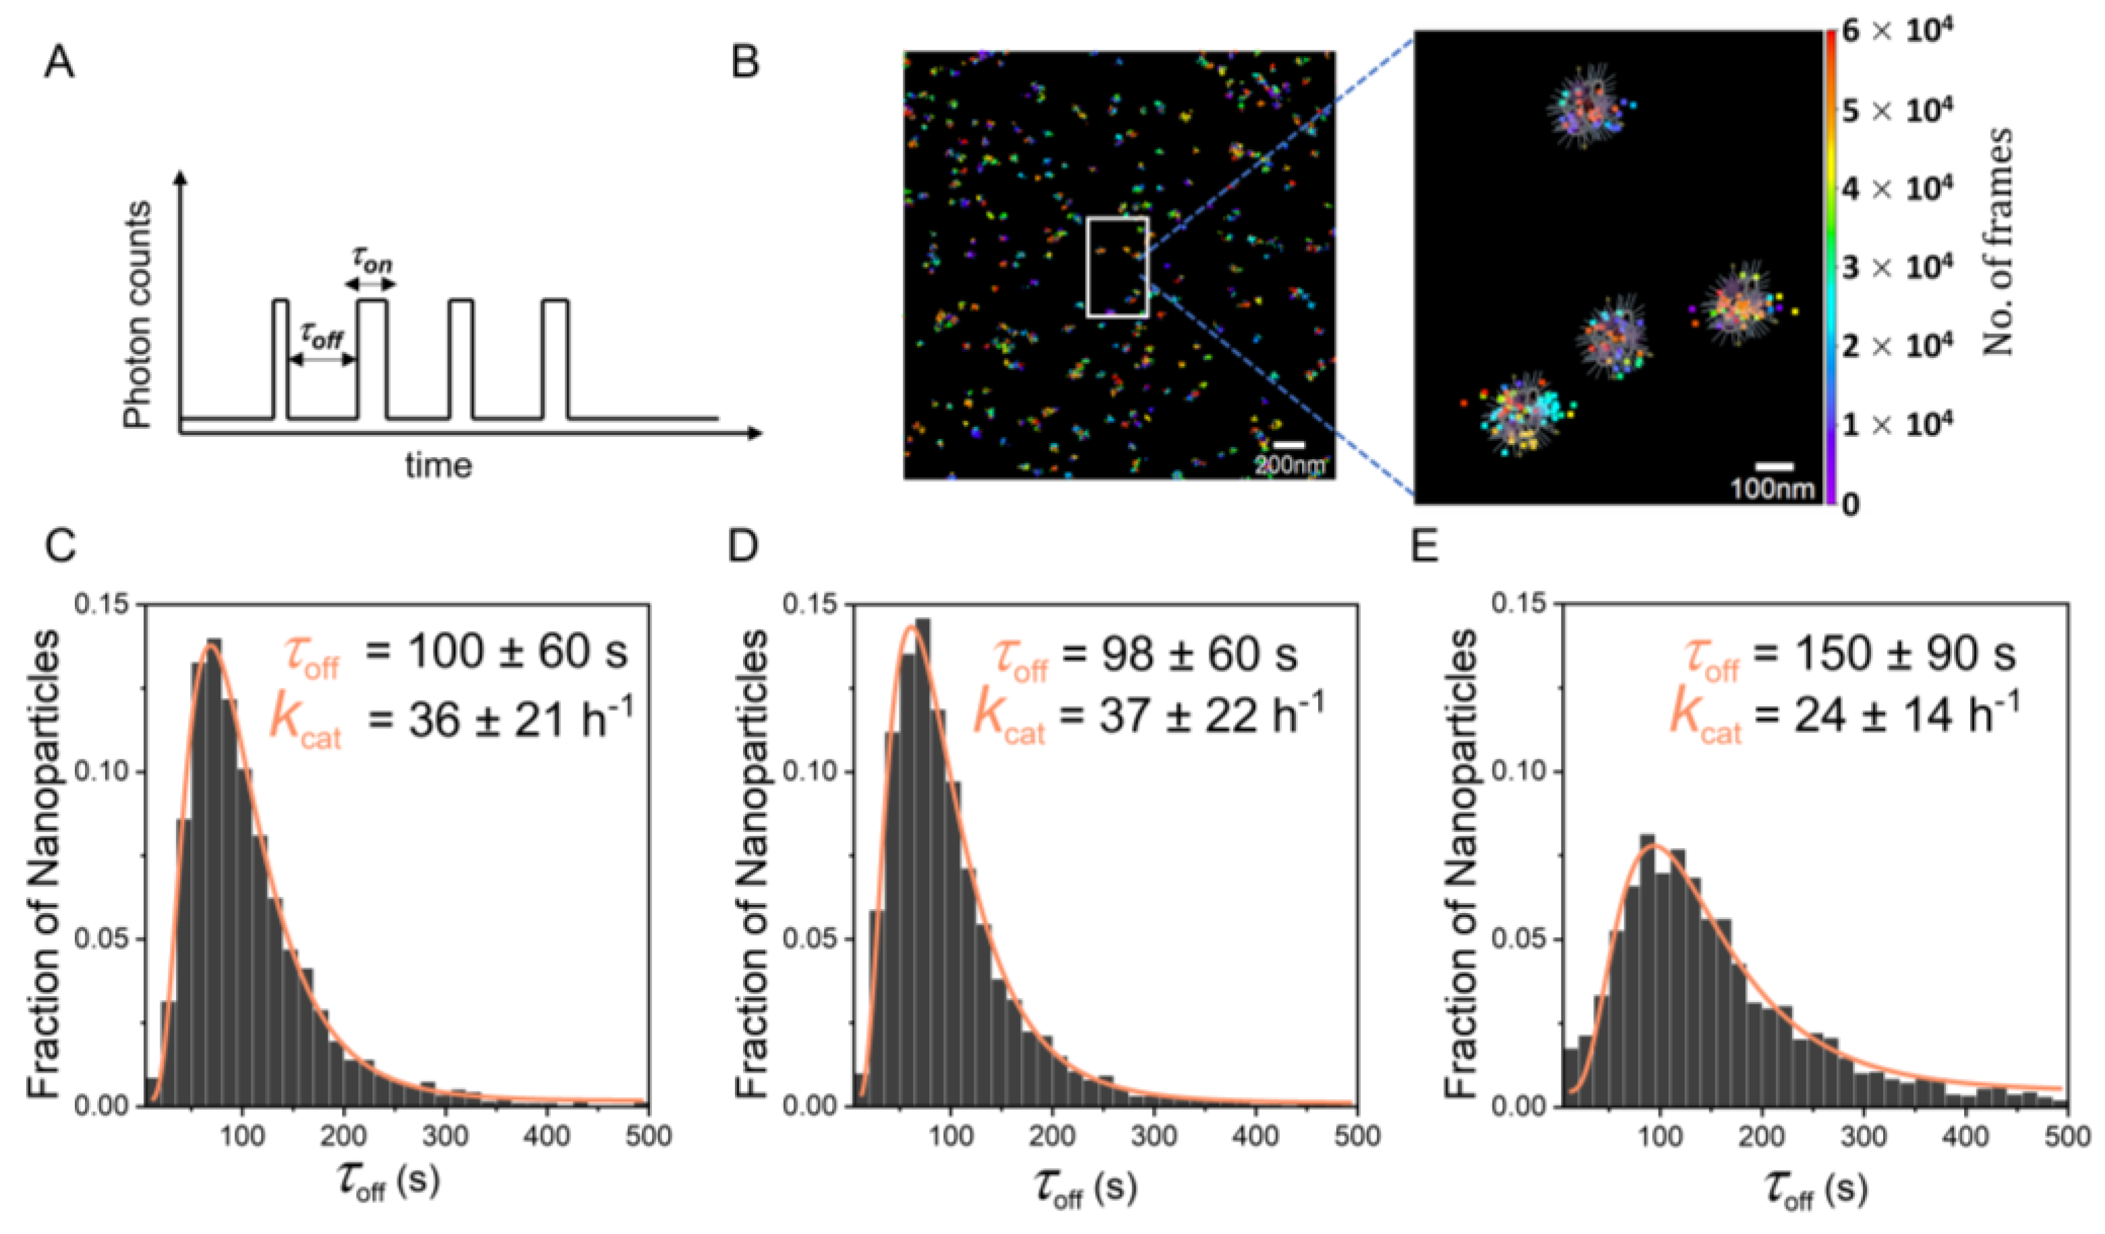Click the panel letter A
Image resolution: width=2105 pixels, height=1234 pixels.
click(x=59, y=63)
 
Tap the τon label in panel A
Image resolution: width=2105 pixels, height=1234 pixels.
click(x=371, y=264)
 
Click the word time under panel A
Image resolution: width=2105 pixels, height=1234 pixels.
click(x=438, y=465)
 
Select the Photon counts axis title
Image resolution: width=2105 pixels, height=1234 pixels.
click(x=138, y=314)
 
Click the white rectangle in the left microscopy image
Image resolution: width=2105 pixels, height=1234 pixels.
click(x=1118, y=267)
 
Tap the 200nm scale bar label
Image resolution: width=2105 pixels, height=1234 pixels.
click(x=1290, y=465)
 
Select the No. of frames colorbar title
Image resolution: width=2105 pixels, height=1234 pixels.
click(x=1998, y=242)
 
